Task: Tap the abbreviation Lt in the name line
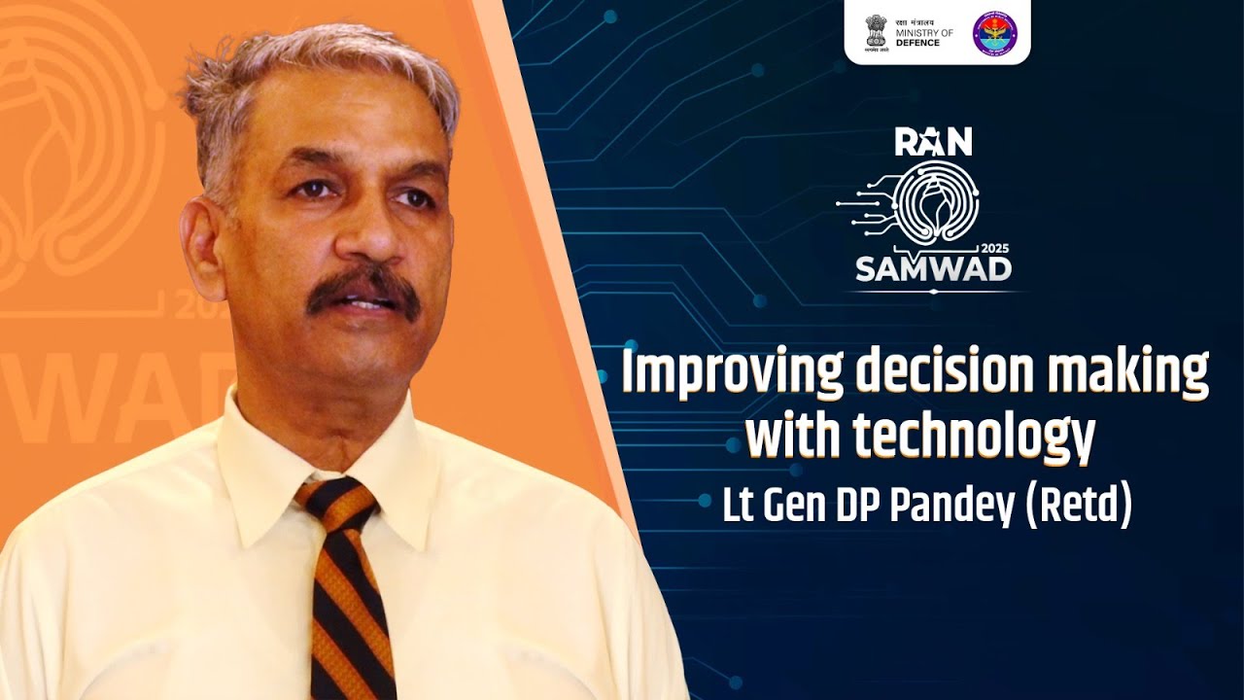coord(737,507)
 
